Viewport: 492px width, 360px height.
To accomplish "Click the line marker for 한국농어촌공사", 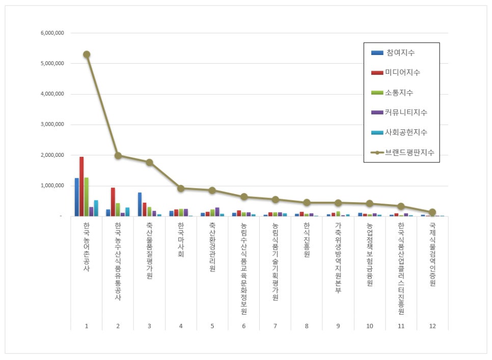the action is tap(87, 54).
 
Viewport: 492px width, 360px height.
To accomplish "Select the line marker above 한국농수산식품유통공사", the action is tap(118, 155).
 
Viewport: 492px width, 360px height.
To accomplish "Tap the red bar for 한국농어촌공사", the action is tap(81, 186).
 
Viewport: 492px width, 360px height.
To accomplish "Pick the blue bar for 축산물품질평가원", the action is tap(140, 205).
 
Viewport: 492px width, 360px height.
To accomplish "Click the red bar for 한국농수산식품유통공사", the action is tap(113, 202).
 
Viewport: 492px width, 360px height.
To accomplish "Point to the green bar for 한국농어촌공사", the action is tap(86, 197).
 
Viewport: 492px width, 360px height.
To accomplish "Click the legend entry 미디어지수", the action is tap(395, 72).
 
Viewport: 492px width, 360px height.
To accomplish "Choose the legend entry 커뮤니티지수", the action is tap(399, 112).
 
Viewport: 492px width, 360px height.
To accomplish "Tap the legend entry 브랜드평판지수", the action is tap(402, 153).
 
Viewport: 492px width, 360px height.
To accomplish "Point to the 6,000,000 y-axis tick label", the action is tap(52, 33).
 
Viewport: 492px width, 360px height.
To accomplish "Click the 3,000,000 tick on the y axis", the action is tap(52, 124).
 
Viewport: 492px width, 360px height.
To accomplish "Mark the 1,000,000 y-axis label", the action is tap(52, 186).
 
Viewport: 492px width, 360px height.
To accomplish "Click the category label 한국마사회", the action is tap(181, 240).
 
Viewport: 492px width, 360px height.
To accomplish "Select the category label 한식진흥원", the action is tap(307, 240).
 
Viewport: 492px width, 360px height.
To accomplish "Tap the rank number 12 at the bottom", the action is tap(432, 326).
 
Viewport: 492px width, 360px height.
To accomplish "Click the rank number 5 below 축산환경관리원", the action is tap(212, 326).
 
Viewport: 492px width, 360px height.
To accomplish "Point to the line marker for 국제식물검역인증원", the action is tap(432, 212).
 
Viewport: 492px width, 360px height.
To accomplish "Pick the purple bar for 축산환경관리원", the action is tap(217, 212).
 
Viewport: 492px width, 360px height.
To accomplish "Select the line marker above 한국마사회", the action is tap(181, 188).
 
